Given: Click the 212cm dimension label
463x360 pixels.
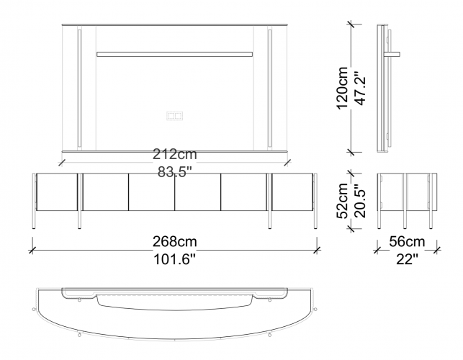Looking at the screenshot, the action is [174, 154].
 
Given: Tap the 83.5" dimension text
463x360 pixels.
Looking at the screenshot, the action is [174, 171].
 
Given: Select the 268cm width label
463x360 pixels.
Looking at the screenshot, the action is [174, 242].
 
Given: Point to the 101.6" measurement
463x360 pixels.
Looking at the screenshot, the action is [174, 260].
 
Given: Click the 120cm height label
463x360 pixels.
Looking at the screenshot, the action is [343, 88].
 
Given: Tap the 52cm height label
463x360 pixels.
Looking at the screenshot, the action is [343, 201].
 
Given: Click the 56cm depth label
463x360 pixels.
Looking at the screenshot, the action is [407, 242].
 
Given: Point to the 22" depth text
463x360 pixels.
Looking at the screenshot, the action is [407, 260].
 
